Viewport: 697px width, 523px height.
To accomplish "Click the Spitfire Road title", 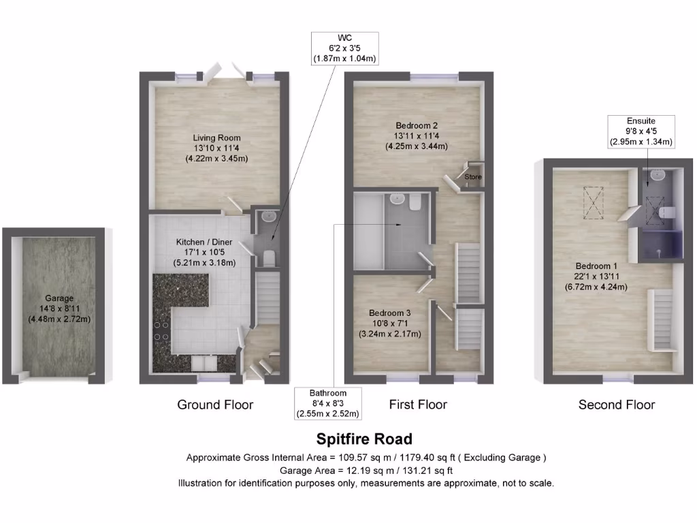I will pos(364,439).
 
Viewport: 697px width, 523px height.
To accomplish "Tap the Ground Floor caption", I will pos(215,405).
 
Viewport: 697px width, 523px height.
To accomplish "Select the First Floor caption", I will pos(418,405).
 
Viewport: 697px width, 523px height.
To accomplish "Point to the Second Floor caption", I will pos(617,405).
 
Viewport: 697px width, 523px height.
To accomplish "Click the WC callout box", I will pos(344,48).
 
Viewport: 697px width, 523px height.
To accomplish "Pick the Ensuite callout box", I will pos(641,131).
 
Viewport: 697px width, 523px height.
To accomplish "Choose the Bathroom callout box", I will pos(328,403).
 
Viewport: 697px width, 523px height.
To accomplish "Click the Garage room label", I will pos(59,308).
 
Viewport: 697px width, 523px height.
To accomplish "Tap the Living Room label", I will pos(216,148).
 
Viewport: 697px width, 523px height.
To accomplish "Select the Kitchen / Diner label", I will pos(205,252).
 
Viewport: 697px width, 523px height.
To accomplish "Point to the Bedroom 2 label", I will pos(417,136).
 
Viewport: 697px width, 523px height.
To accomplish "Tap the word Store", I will pos(473,178).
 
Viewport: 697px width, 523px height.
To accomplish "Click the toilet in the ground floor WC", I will pos(268,257).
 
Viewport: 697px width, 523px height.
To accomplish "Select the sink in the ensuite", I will pos(657,175).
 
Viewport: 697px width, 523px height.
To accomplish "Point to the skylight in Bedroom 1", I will pos(593,200).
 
